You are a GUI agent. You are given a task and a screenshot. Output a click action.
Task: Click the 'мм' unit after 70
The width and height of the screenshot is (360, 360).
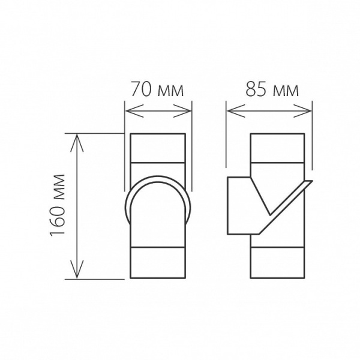click(x=169, y=91)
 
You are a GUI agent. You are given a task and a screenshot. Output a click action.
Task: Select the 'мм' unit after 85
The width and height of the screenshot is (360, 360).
click(x=284, y=91)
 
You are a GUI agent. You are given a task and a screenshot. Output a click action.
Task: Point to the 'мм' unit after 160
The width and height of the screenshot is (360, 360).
click(x=58, y=187)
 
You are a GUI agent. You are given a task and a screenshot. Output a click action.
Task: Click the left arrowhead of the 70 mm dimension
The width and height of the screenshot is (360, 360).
click(x=128, y=110)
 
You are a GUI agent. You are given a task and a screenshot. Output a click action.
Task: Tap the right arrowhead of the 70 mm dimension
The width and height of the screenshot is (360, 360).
click(x=188, y=110)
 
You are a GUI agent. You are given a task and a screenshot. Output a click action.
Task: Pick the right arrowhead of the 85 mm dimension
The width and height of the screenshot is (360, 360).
click(x=308, y=110)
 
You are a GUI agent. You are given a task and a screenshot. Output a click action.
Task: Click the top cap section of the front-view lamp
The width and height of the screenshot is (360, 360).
click(x=158, y=148)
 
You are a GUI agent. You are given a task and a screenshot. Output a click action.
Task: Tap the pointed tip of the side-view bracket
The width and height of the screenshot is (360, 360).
click(x=310, y=182)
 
